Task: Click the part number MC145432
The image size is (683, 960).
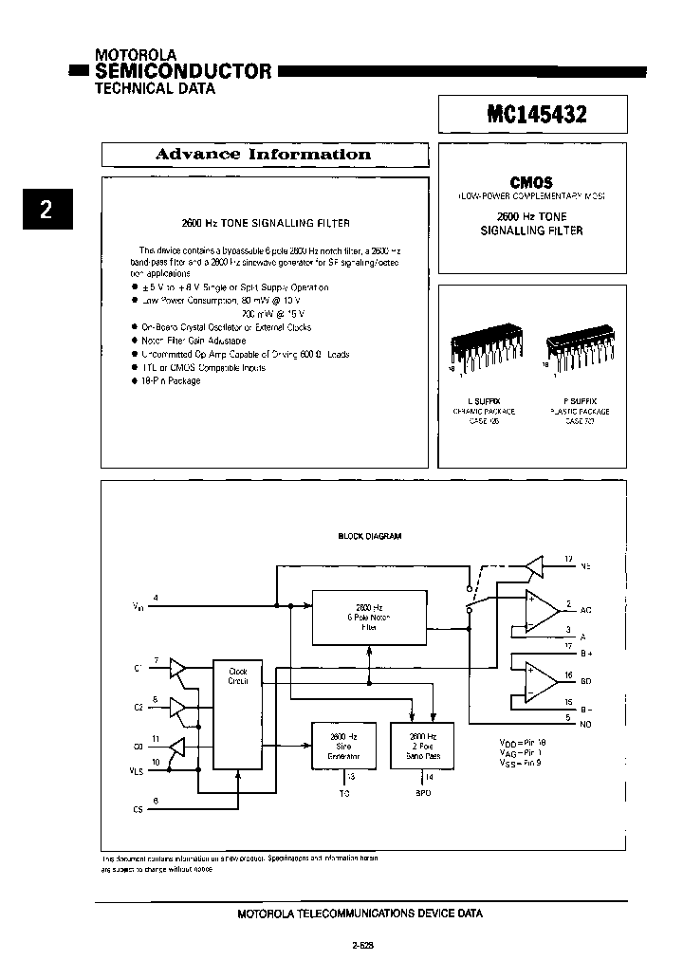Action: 536,115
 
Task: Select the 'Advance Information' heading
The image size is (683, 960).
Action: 263,155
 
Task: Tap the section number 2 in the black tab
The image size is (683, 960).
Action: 45,211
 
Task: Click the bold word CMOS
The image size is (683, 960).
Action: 531,182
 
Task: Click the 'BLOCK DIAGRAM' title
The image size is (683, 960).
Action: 370,536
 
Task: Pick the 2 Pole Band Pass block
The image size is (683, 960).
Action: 422,745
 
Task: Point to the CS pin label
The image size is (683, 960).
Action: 138,809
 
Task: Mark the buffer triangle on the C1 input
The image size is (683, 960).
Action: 177,670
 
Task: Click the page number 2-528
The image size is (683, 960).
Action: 363,945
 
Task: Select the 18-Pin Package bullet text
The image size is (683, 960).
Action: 172,380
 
